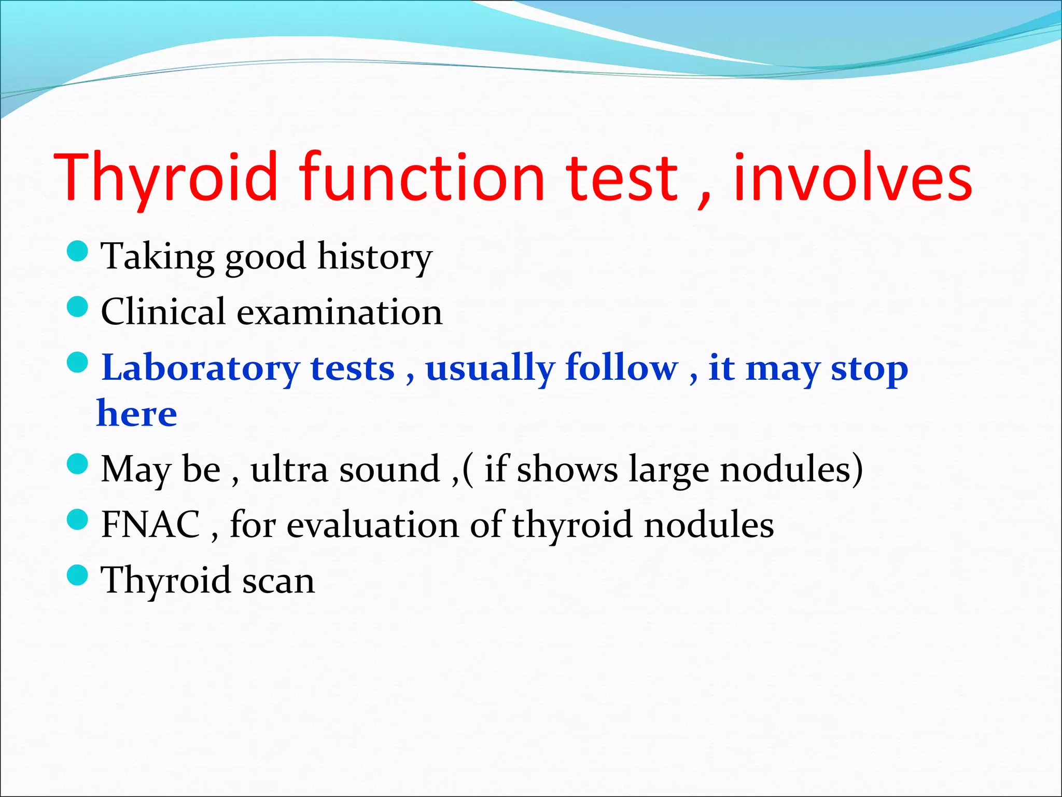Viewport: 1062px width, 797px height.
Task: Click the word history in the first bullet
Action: click(374, 257)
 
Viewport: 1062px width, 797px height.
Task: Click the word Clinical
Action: click(163, 312)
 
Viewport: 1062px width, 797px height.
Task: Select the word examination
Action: click(340, 312)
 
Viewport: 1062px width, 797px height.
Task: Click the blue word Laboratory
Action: click(200, 368)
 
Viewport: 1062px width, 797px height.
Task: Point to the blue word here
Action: click(137, 414)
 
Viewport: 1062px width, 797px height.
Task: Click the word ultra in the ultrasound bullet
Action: click(289, 469)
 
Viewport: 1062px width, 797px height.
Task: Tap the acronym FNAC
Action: click(150, 525)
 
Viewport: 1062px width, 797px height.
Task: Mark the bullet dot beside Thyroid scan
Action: click(78, 575)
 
